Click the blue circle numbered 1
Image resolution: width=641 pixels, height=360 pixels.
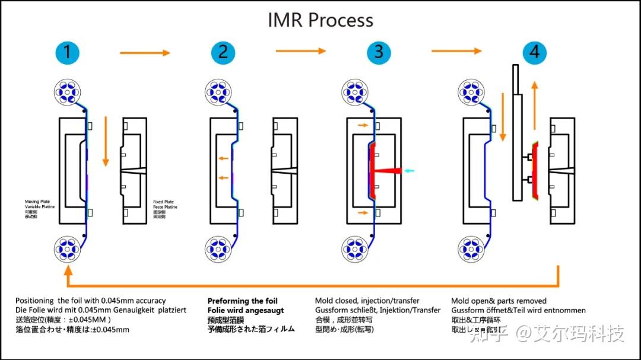tap(67, 53)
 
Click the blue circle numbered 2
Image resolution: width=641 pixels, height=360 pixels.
tap(223, 53)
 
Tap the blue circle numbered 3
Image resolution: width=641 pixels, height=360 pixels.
tap(379, 53)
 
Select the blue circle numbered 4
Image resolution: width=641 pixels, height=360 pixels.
tap(534, 53)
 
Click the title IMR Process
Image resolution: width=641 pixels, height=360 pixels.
tap(320, 20)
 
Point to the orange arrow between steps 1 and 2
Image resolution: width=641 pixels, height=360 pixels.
tap(145, 53)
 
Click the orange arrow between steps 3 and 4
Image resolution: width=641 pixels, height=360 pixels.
tap(456, 51)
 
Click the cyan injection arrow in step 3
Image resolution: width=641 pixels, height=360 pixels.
tap(410, 171)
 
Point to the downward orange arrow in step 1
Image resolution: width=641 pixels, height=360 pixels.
tap(106, 142)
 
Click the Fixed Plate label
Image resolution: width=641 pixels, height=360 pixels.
tap(164, 202)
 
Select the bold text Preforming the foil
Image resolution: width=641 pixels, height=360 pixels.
tap(242, 301)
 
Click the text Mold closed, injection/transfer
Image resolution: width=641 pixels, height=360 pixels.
tap(367, 301)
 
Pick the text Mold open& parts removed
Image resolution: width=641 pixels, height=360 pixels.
tap(499, 301)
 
